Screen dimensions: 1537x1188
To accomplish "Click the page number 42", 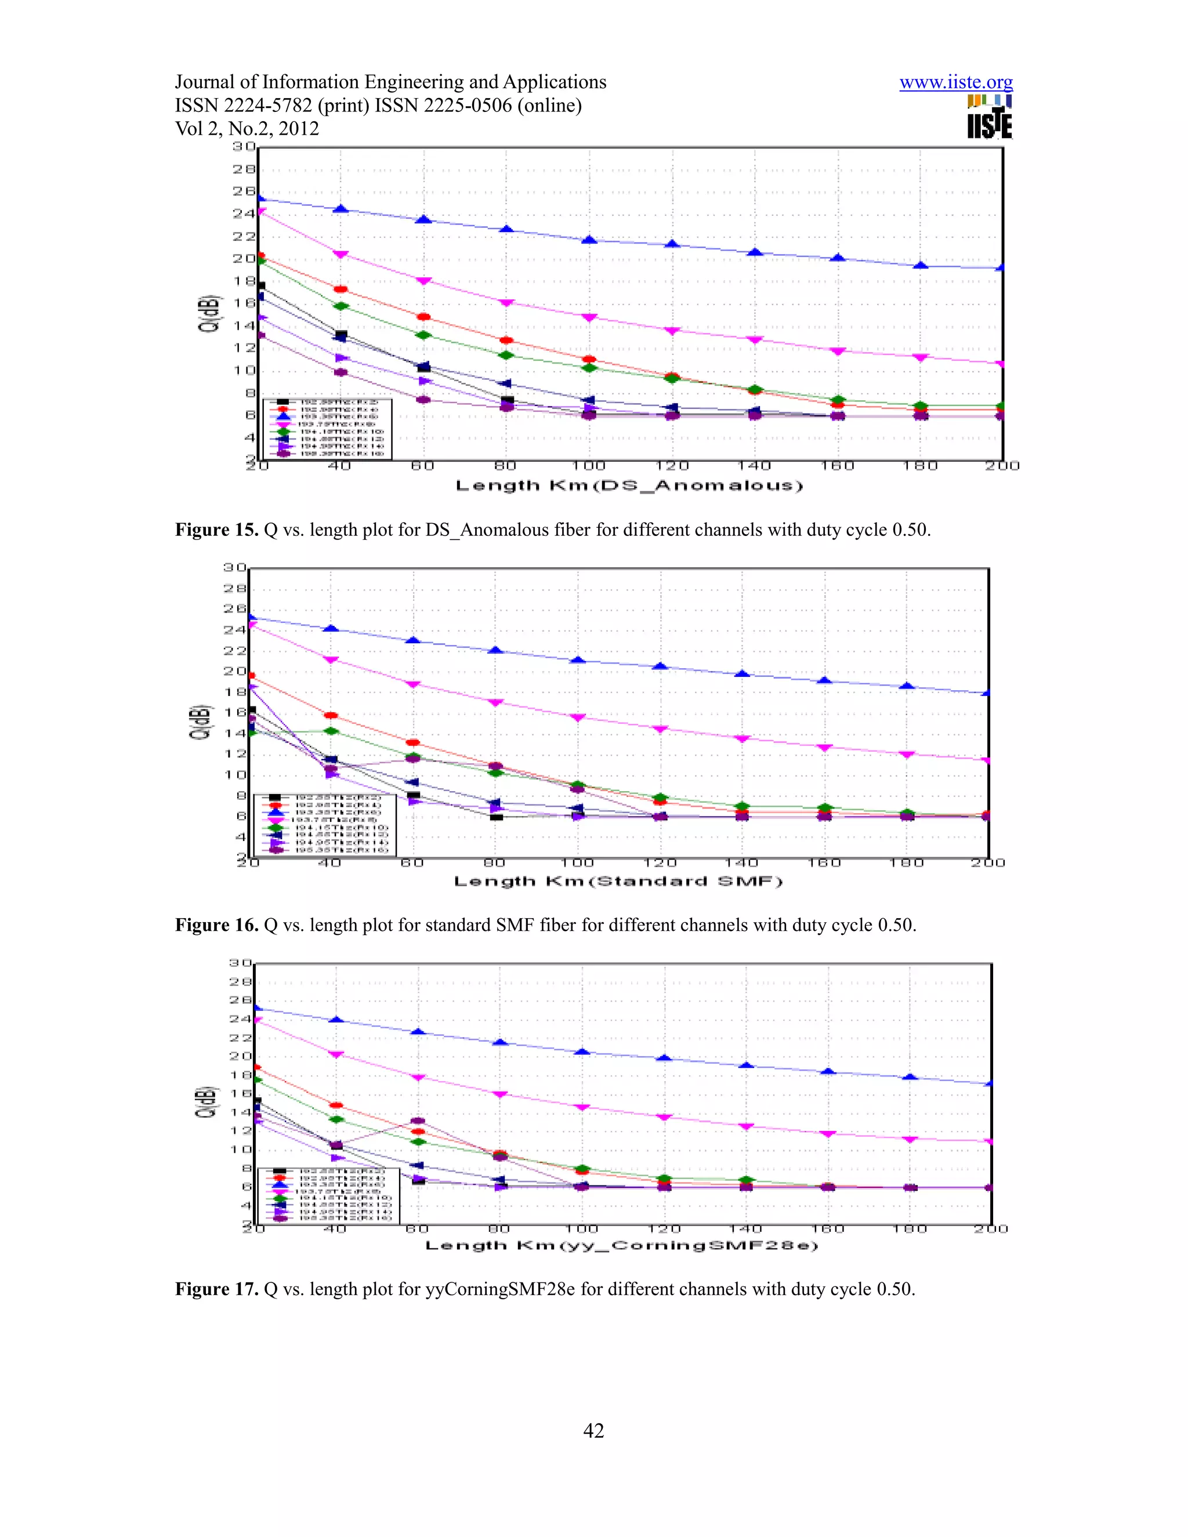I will [x=593, y=1431].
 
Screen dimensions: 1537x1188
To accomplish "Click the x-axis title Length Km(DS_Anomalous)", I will [x=629, y=485].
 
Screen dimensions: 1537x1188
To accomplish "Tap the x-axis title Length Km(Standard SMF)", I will [x=618, y=881].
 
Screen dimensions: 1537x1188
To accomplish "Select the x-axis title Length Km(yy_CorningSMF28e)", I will [x=621, y=1246].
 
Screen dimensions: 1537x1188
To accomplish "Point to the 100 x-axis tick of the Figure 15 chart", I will [x=588, y=466].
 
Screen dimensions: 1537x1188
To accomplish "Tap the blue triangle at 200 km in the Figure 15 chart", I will [x=1001, y=267].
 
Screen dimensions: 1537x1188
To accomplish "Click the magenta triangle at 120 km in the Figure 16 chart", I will [x=660, y=729].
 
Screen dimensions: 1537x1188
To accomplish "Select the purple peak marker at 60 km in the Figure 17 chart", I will [x=417, y=1121].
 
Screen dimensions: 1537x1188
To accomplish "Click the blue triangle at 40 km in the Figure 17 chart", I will [x=336, y=1020].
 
